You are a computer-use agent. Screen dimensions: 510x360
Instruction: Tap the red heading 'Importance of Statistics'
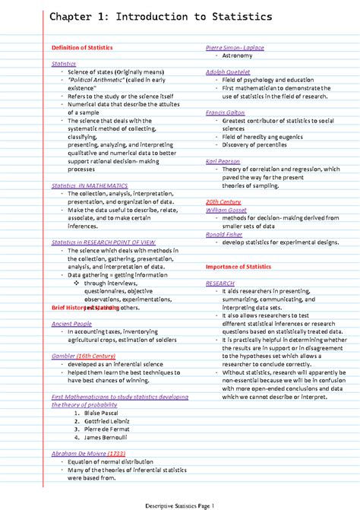(238, 267)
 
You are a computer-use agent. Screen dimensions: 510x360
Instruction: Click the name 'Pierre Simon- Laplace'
(235, 48)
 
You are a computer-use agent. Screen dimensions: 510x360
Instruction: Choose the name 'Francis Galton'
(226, 112)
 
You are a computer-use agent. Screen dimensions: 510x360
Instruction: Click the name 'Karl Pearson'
(224, 161)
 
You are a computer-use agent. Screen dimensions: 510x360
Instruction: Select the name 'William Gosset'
(228, 210)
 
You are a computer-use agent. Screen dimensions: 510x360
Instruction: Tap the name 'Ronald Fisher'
(226, 234)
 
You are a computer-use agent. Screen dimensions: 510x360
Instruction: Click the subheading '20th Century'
(223, 201)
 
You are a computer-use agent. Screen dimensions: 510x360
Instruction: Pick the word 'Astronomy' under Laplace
(238, 56)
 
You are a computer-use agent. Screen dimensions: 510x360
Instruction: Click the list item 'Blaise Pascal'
(103, 413)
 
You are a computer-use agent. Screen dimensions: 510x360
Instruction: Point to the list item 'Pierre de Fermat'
(106, 429)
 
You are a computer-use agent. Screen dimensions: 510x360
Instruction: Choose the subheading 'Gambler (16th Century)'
(84, 356)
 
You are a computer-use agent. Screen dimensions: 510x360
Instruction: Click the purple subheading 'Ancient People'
(71, 324)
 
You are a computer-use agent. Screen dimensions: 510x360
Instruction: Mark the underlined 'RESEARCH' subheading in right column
(220, 283)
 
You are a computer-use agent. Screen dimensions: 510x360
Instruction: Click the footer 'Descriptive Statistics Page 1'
(180, 505)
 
